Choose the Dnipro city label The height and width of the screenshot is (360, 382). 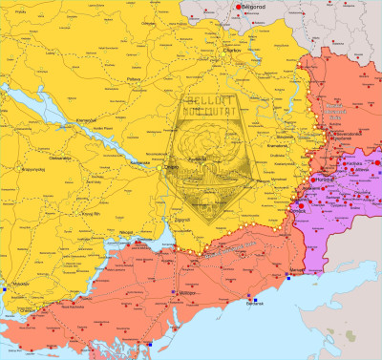(x=172, y=166)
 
